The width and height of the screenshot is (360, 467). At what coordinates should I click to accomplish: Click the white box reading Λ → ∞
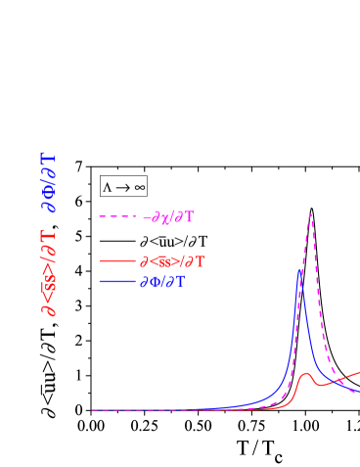[x=123, y=186]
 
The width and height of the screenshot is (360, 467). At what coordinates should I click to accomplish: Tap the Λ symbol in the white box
[x=108, y=187]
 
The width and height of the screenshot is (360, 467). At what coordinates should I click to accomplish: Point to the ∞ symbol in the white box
[x=139, y=187]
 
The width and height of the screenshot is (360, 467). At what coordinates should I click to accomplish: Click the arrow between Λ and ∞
[x=123, y=187]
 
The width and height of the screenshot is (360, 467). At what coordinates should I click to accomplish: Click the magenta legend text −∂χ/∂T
[x=168, y=217]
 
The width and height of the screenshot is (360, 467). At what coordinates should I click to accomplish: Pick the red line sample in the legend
[x=116, y=261]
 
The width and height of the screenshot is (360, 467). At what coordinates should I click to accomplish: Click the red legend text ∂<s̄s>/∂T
[x=172, y=261]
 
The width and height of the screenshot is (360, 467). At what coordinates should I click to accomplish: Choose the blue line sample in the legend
[x=116, y=282]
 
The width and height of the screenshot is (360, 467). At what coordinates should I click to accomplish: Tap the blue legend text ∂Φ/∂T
[x=162, y=282]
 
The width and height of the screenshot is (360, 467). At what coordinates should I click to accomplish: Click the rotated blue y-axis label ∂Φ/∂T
[x=48, y=182]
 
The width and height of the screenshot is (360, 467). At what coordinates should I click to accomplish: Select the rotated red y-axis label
[x=48, y=272]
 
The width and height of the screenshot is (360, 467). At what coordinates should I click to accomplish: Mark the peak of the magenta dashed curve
[x=311, y=214]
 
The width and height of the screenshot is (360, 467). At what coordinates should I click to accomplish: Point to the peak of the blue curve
[x=300, y=268]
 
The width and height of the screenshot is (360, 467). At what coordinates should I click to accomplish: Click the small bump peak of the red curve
[x=306, y=373]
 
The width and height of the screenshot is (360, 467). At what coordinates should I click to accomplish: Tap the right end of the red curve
[x=358, y=372]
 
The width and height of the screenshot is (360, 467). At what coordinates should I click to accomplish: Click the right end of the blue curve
[x=358, y=392]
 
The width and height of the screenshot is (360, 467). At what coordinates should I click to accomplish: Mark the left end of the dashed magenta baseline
[x=93, y=410]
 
